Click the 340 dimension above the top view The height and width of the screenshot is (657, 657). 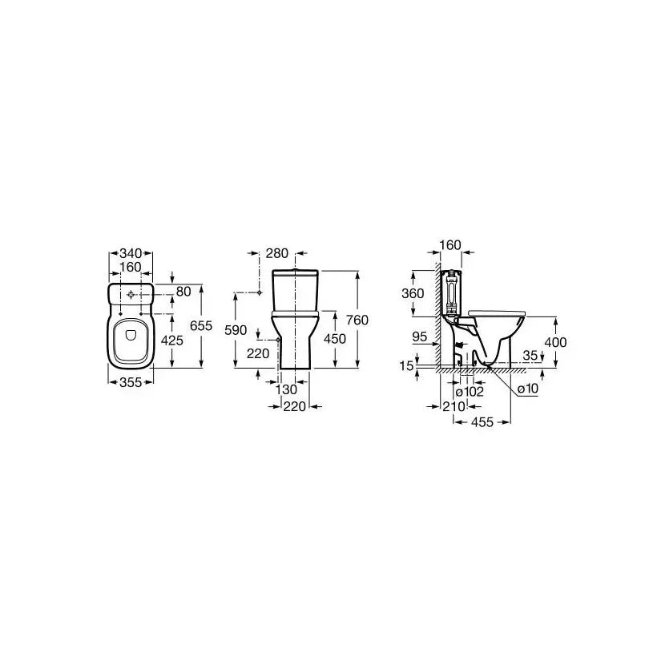pyautogui.click(x=131, y=253)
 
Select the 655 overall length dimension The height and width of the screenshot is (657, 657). pyautogui.click(x=201, y=325)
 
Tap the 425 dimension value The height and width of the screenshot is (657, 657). pyautogui.click(x=172, y=341)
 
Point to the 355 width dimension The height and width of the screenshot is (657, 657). pyautogui.click(x=131, y=382)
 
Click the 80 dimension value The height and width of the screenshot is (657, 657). pyautogui.click(x=183, y=291)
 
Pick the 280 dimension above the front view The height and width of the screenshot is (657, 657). pyautogui.click(x=277, y=253)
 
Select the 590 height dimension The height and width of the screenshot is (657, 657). pyautogui.click(x=236, y=330)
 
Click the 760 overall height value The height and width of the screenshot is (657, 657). pyautogui.click(x=357, y=320)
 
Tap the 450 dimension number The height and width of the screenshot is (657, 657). pyautogui.click(x=335, y=339)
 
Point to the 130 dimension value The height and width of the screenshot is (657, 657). pyautogui.click(x=286, y=389)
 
